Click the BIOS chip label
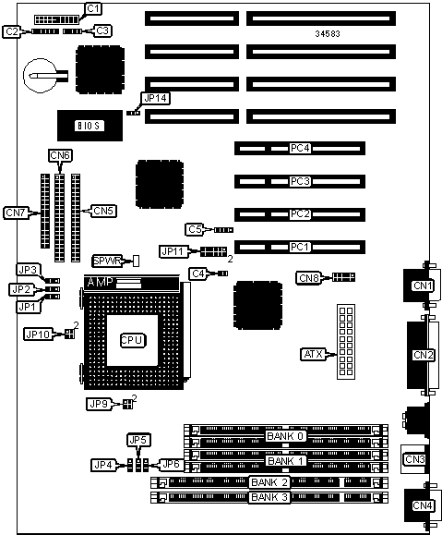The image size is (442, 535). click(90, 126)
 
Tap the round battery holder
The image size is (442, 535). click(41, 75)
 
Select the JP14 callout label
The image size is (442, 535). click(156, 99)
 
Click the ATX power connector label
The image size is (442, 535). click(313, 354)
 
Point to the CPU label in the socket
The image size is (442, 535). click(133, 340)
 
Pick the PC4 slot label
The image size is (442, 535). click(300, 149)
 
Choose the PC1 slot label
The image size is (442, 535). click(300, 247)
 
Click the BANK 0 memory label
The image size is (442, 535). click(285, 436)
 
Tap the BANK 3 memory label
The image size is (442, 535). click(269, 497)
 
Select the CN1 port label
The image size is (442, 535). click(423, 286)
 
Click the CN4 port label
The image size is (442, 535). click(423, 505)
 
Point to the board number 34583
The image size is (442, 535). click(328, 34)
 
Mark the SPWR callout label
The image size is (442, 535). click(107, 261)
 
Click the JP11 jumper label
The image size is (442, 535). click(173, 252)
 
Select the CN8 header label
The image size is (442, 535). click(309, 278)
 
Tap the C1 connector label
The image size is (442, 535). click(92, 9)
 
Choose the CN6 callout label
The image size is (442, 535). click(60, 155)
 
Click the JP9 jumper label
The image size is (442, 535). click(99, 405)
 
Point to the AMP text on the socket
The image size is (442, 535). click(101, 283)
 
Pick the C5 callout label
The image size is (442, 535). click(195, 230)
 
